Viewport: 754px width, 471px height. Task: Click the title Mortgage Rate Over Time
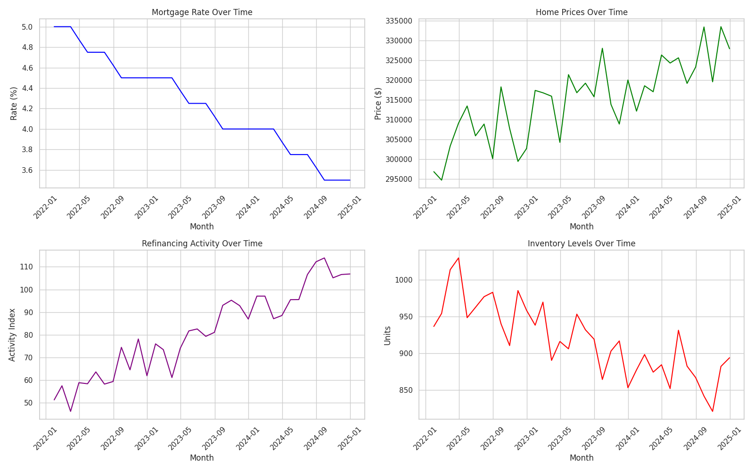coord(202,12)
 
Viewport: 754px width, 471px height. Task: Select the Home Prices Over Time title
coord(582,12)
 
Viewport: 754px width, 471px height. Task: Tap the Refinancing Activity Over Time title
coord(202,244)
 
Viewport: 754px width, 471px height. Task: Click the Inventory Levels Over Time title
coord(582,244)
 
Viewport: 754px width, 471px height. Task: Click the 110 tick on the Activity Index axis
coord(26,267)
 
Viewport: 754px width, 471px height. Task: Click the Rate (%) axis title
coord(14,103)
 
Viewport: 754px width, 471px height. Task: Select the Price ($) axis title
coord(378,103)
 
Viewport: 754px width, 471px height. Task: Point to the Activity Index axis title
coord(12,335)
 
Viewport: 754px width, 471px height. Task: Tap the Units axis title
coord(387,335)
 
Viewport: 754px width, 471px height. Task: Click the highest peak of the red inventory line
coord(459,258)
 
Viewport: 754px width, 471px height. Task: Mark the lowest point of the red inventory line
coord(713,412)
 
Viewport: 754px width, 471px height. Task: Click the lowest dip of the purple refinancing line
coord(71,412)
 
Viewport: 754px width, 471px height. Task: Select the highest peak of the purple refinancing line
coord(324,258)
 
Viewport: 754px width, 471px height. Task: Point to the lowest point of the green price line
coord(442,180)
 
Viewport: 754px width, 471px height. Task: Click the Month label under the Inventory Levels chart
coord(582,458)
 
